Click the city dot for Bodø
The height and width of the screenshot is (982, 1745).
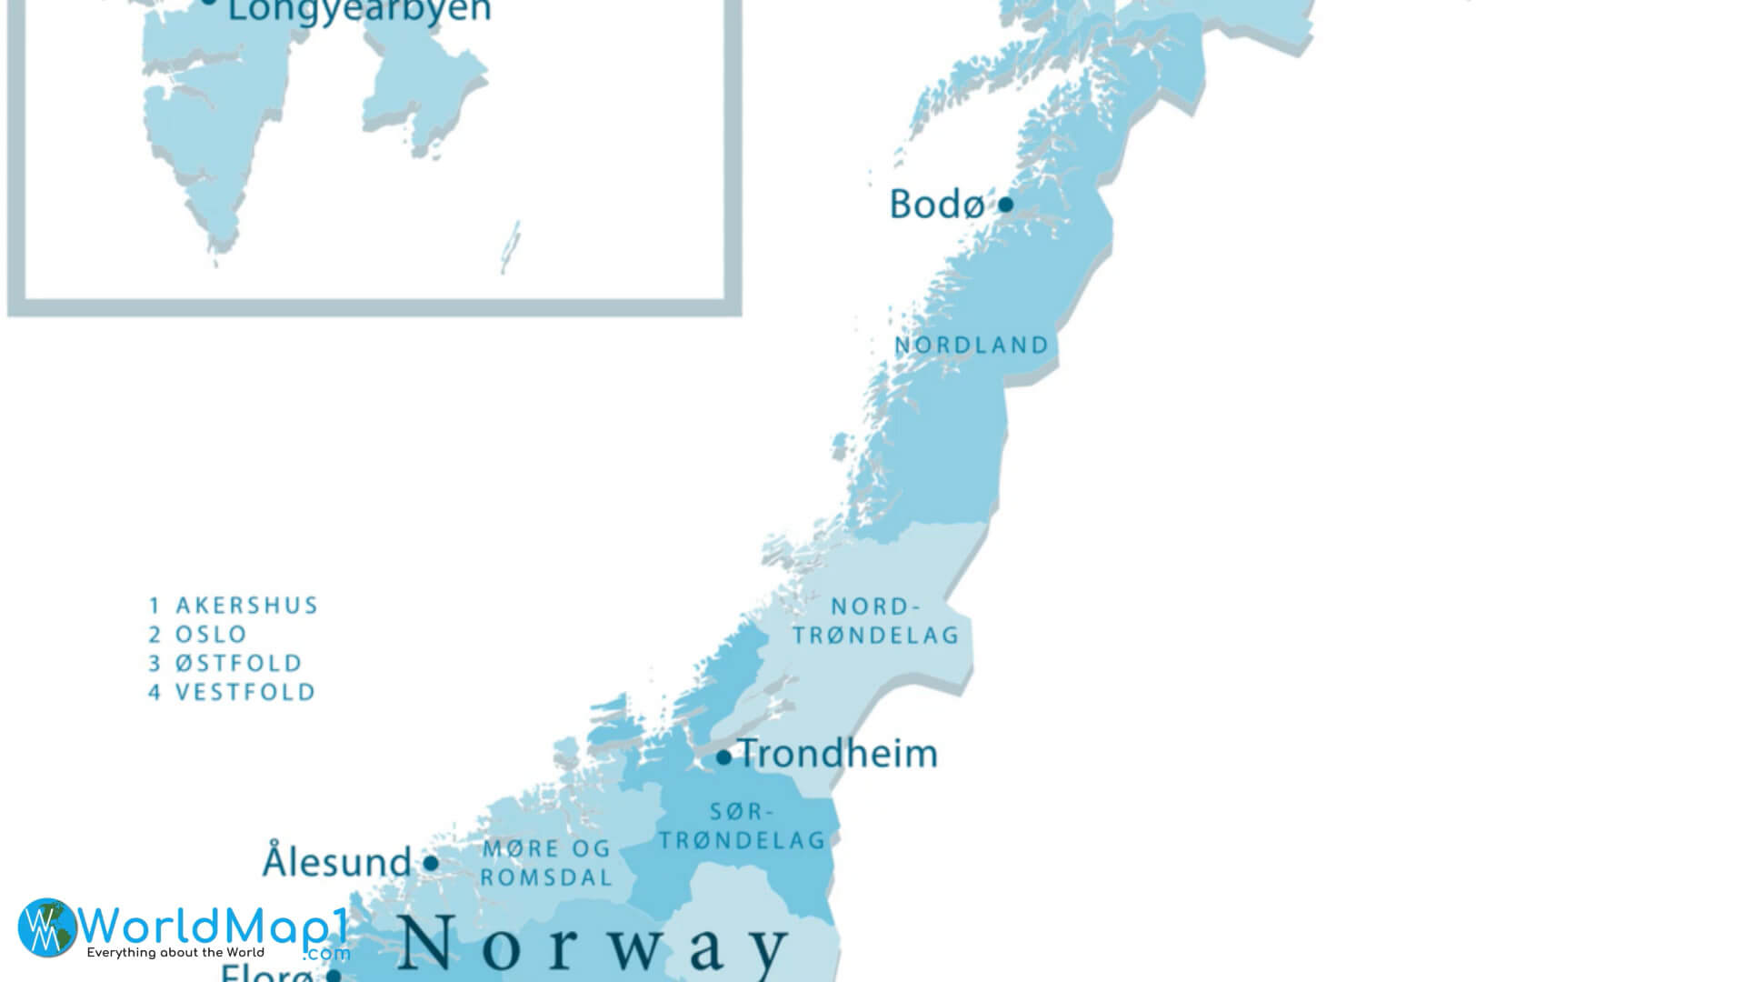click(1005, 205)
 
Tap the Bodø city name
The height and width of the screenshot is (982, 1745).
click(935, 205)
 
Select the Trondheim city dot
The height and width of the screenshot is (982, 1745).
click(723, 757)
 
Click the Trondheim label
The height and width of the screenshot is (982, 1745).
click(837, 754)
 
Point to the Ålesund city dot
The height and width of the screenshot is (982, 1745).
click(431, 863)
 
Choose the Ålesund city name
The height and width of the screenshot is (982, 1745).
click(337, 861)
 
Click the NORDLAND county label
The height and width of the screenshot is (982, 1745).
click(972, 346)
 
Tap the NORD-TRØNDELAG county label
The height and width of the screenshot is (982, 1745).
click(876, 620)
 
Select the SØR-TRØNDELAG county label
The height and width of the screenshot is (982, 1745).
click(743, 826)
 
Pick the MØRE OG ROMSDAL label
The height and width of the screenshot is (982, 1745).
click(546, 863)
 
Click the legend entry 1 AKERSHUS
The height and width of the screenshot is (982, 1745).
click(234, 606)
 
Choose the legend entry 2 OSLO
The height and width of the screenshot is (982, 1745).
click(198, 635)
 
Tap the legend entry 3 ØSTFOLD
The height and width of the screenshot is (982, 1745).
click(225, 663)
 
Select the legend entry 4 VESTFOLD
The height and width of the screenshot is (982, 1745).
click(232, 692)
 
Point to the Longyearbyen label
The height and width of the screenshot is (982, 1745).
click(359, 11)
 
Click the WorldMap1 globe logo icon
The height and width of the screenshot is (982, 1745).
click(47, 927)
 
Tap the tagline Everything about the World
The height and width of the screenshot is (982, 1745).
click(175, 953)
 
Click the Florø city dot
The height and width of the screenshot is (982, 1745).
click(334, 976)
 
